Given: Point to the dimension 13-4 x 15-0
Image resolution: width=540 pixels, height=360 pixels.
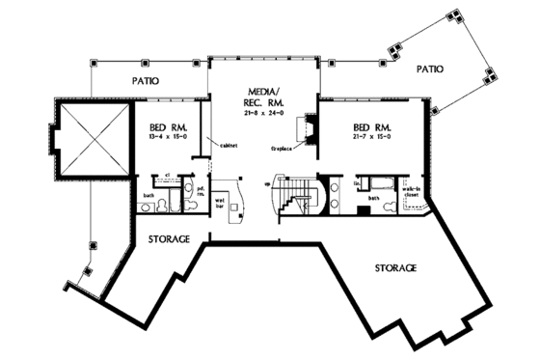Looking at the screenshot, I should click(169, 138).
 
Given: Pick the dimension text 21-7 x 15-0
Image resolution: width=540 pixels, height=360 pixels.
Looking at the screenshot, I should click(371, 138).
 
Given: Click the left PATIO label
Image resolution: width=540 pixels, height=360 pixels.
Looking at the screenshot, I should click(146, 81).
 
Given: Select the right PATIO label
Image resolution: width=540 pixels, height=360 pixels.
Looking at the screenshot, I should click(429, 69).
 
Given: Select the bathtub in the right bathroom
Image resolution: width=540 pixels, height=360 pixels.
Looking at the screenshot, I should click(386, 183).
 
